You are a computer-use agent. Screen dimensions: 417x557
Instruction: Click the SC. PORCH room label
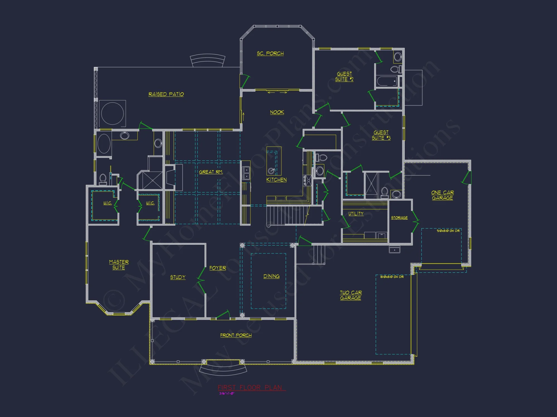click(270, 53)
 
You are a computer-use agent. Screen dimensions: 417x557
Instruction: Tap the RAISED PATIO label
click(166, 94)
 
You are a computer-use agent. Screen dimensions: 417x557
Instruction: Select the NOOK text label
click(277, 112)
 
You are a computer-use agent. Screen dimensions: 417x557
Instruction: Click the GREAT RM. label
click(211, 172)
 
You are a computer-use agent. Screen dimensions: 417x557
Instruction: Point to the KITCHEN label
click(276, 180)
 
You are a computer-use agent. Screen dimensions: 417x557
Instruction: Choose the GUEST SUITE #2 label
click(344, 76)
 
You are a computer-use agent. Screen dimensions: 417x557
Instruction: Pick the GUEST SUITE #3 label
click(381, 135)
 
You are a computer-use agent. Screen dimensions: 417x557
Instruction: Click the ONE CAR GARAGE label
click(442, 195)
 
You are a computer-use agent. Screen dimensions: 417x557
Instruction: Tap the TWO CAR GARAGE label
click(351, 295)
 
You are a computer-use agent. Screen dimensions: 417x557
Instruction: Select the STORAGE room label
click(399, 218)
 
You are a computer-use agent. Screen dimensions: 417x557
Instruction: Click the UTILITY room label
click(356, 214)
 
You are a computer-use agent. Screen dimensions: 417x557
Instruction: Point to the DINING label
click(271, 276)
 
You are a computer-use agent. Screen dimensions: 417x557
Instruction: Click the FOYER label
click(218, 268)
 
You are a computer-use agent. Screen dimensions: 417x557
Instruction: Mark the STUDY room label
click(178, 277)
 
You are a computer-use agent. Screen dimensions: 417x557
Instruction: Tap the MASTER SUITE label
click(119, 265)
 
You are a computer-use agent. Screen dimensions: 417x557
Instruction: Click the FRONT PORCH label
click(236, 335)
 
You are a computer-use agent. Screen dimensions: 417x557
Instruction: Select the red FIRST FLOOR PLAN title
click(250, 388)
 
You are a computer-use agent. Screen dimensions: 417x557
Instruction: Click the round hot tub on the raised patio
click(113, 113)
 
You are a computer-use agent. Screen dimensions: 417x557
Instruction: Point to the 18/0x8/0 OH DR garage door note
click(392, 277)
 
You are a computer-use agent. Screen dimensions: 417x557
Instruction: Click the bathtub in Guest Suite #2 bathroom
click(387, 81)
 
